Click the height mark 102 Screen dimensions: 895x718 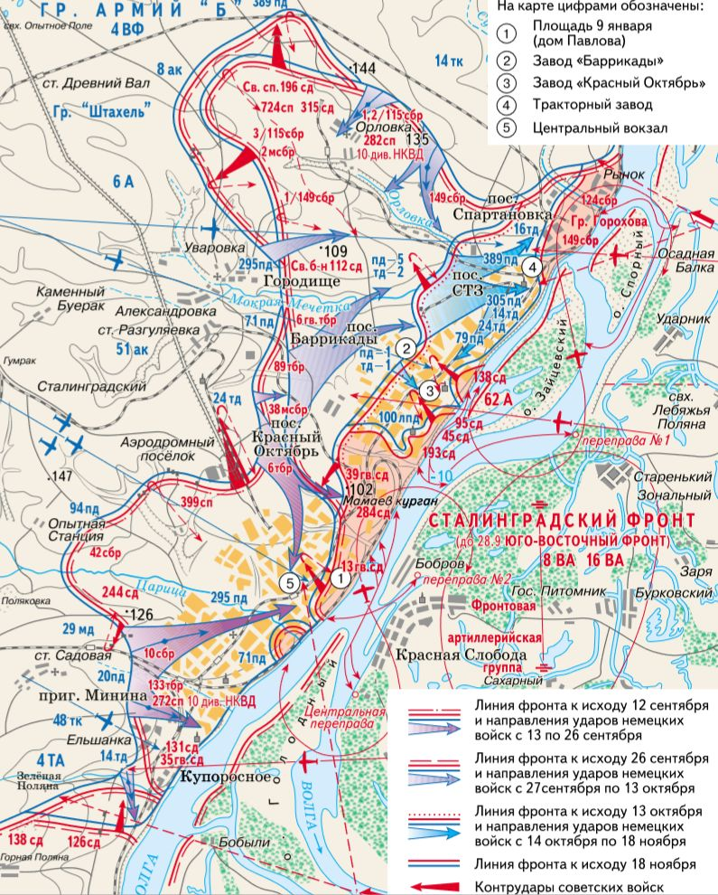click(x=359, y=489)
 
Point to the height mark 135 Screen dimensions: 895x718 click(x=415, y=139)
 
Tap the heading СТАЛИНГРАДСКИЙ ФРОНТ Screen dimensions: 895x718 click(x=562, y=522)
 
